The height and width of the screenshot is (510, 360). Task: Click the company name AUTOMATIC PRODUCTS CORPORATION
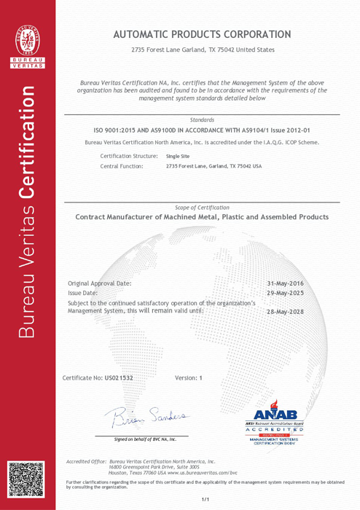(202, 34)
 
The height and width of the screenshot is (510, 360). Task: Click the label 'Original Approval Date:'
(100, 283)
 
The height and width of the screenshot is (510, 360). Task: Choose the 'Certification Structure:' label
(128, 156)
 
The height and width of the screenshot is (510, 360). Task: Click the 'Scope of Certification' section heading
(202, 208)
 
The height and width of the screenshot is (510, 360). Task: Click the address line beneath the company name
(202, 50)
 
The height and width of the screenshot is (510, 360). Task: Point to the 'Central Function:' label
(122, 166)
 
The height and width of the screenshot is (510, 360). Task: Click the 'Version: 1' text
(188, 379)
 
